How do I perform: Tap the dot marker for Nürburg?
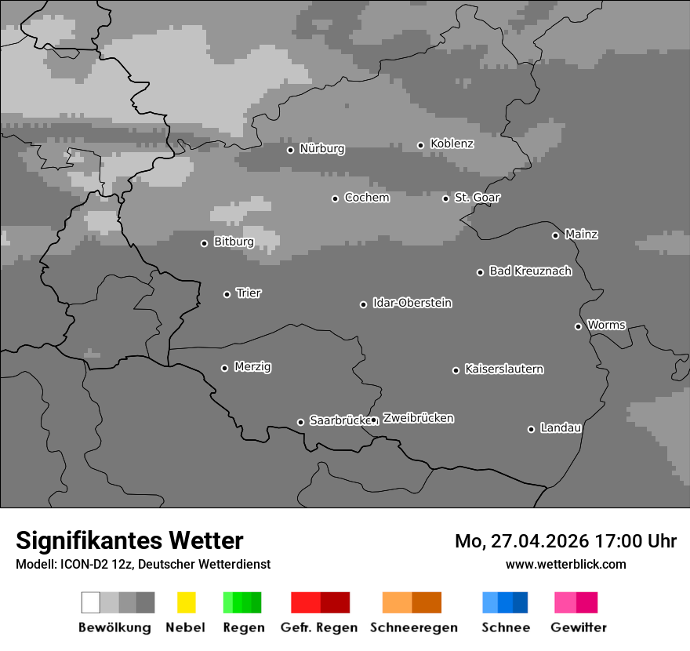(290, 150)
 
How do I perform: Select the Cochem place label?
(367, 198)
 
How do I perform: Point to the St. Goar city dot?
(445, 198)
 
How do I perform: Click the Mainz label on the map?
(581, 235)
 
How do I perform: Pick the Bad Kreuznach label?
(530, 271)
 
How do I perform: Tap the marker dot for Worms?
(578, 326)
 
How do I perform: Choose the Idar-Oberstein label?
(412, 304)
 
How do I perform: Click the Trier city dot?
(227, 294)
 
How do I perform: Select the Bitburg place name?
(234, 242)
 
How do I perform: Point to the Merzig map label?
(252, 367)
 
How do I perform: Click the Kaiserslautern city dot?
(456, 370)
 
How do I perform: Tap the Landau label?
(561, 428)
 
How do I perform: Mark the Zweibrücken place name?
(418, 419)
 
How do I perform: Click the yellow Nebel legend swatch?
(186, 602)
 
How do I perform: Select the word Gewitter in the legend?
(579, 627)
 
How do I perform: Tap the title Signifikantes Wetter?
(129, 540)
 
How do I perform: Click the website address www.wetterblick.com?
(565, 564)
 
